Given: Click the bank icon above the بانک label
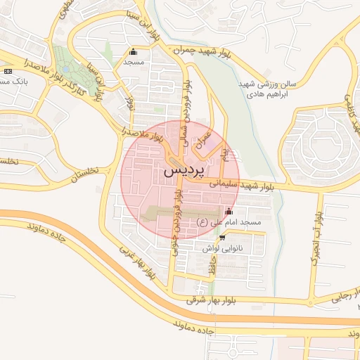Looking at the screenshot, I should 8,72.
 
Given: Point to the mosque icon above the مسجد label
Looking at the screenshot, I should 134,51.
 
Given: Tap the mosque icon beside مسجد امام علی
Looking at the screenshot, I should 228,212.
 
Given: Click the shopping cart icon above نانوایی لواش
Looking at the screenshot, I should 222,238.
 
